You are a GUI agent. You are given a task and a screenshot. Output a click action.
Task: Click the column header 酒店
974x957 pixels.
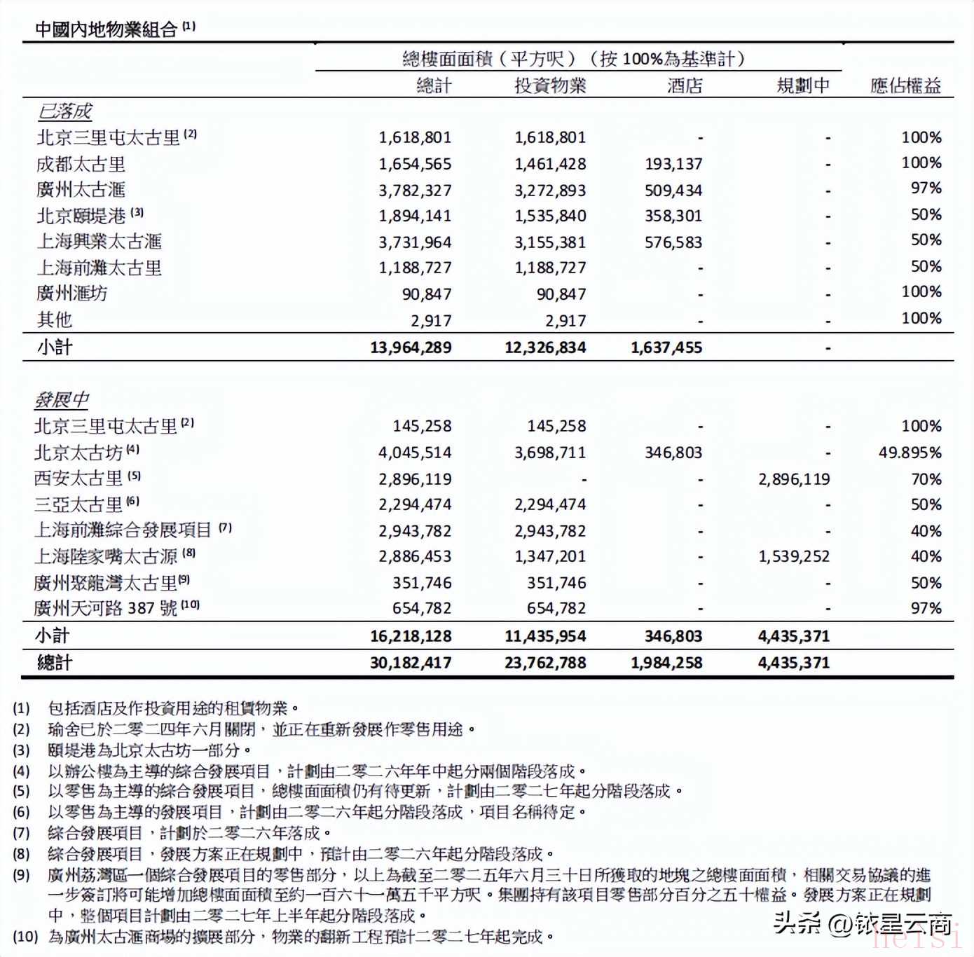[684, 85]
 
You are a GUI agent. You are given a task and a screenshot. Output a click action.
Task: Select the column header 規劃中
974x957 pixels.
[803, 85]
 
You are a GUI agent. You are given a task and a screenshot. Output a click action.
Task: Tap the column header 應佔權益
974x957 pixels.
[905, 85]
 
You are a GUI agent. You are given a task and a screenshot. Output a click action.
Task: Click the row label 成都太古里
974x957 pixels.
[81, 164]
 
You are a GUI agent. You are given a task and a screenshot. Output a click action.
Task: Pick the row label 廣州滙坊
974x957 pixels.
[72, 293]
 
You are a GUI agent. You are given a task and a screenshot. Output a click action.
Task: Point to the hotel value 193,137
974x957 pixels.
[673, 164]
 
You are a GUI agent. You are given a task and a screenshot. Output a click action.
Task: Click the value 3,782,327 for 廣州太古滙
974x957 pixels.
[415, 191]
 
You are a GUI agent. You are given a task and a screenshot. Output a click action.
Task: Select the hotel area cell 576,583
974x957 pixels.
[673, 242]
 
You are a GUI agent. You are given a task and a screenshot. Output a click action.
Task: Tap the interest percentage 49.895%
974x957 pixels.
[910, 453]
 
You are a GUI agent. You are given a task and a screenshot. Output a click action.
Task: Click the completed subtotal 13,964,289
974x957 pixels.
[411, 347]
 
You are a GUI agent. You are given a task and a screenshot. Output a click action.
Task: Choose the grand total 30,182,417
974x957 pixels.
[411, 663]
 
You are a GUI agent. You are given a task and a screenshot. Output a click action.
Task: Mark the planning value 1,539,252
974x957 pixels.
[794, 556]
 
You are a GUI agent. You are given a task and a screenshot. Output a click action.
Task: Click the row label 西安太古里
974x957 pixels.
[78, 478]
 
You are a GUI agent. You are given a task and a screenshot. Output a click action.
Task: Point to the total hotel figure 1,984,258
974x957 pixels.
[666, 663]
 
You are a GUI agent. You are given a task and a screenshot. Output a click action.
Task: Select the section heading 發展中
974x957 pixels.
[62, 399]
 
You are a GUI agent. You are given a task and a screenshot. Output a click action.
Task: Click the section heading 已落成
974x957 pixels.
[64, 111]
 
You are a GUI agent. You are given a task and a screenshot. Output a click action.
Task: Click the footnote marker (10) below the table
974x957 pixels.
[25, 936]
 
